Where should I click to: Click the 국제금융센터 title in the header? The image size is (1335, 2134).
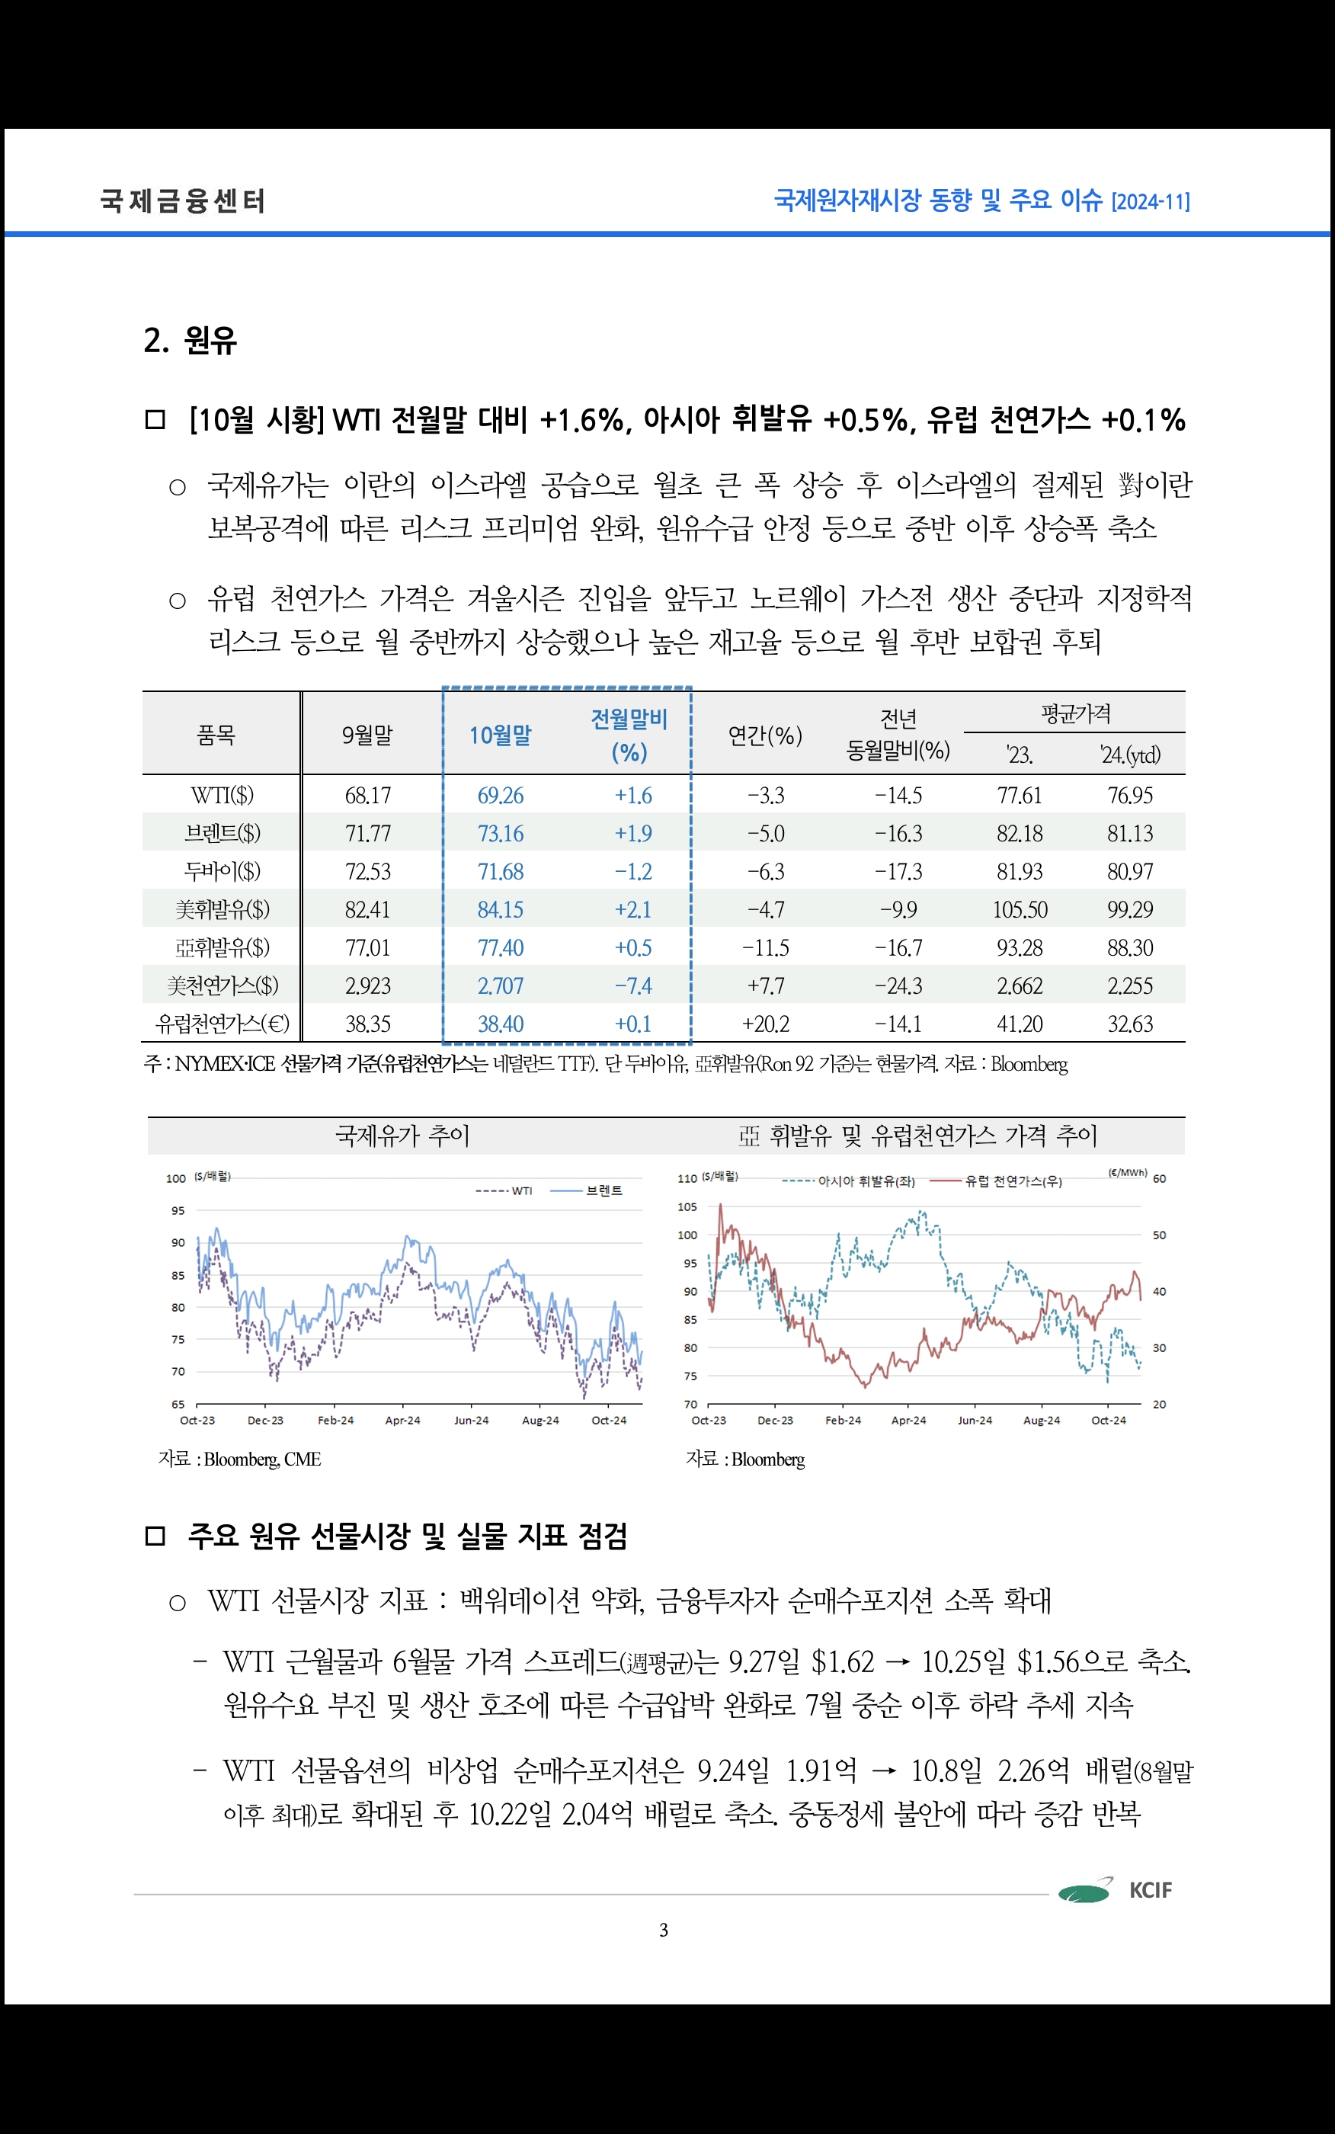pos(183,201)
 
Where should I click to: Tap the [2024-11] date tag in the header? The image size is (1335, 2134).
pos(1150,202)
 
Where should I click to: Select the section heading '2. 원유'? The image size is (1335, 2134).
pos(190,340)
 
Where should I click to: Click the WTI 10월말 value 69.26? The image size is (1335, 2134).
pos(500,796)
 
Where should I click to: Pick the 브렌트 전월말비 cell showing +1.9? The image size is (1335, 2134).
pos(633,834)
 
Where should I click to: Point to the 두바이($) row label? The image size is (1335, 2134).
pos(222,871)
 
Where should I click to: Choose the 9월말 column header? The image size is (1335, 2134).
pos(367,735)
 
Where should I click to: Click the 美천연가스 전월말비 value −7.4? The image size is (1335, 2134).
pos(633,985)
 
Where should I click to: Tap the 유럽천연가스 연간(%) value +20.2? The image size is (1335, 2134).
pos(766,1024)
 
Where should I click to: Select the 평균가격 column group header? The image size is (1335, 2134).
pos(1074,713)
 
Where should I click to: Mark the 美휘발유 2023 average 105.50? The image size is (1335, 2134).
pos(1020,909)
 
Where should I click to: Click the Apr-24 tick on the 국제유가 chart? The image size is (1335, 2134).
pos(402,1421)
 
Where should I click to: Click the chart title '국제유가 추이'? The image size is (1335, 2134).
pos(402,1136)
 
